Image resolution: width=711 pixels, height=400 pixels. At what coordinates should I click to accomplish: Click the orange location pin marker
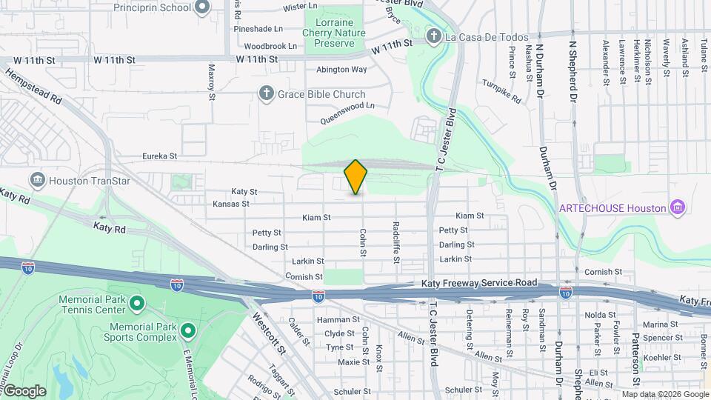click(x=355, y=176)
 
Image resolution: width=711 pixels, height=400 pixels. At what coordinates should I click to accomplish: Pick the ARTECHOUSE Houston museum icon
click(x=676, y=207)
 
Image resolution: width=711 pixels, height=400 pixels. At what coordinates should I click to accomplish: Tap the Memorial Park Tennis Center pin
click(x=136, y=303)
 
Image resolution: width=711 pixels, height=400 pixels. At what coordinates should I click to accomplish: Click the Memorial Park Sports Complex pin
click(x=187, y=331)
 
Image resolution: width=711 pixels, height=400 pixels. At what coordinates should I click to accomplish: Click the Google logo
click(x=24, y=391)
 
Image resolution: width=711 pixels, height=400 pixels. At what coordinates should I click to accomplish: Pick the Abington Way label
click(x=341, y=69)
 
